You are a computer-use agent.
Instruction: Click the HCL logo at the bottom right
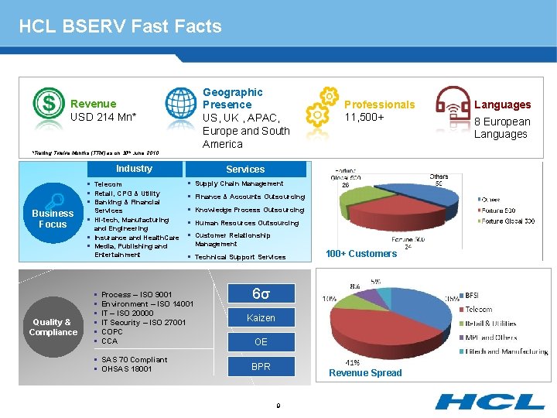tap(490, 401)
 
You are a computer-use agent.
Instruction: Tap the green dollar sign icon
tap(49, 103)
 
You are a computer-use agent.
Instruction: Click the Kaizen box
tap(261, 318)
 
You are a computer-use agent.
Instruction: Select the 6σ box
tap(261, 293)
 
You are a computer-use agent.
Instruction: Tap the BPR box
tap(261, 366)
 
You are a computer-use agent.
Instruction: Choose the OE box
tap(261, 342)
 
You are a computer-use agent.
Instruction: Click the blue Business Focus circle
tap(53, 219)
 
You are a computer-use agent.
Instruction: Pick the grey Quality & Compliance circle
tap(53, 327)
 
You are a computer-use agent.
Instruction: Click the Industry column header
tap(134, 169)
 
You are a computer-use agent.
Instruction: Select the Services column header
tap(245, 169)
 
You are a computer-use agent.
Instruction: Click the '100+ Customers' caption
tap(361, 254)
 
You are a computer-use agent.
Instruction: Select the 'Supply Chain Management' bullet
tap(239, 183)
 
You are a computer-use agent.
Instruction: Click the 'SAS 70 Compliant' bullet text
tap(134, 360)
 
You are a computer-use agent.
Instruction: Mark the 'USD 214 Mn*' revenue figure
tap(103, 117)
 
